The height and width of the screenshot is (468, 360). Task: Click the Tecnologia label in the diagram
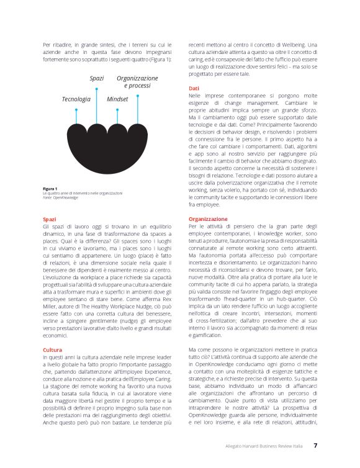point(76,99)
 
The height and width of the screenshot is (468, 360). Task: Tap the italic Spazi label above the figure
point(96,79)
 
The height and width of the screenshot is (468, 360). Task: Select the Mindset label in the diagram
point(117,99)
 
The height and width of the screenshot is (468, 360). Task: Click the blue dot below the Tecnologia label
point(76,110)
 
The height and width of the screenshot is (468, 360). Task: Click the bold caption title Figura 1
point(50,188)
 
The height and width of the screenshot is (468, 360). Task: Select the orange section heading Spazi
point(50,219)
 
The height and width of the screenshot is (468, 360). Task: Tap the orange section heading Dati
point(194,89)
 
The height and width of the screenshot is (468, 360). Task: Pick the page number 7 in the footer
point(315,445)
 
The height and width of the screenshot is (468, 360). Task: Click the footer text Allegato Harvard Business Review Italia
point(272,446)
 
